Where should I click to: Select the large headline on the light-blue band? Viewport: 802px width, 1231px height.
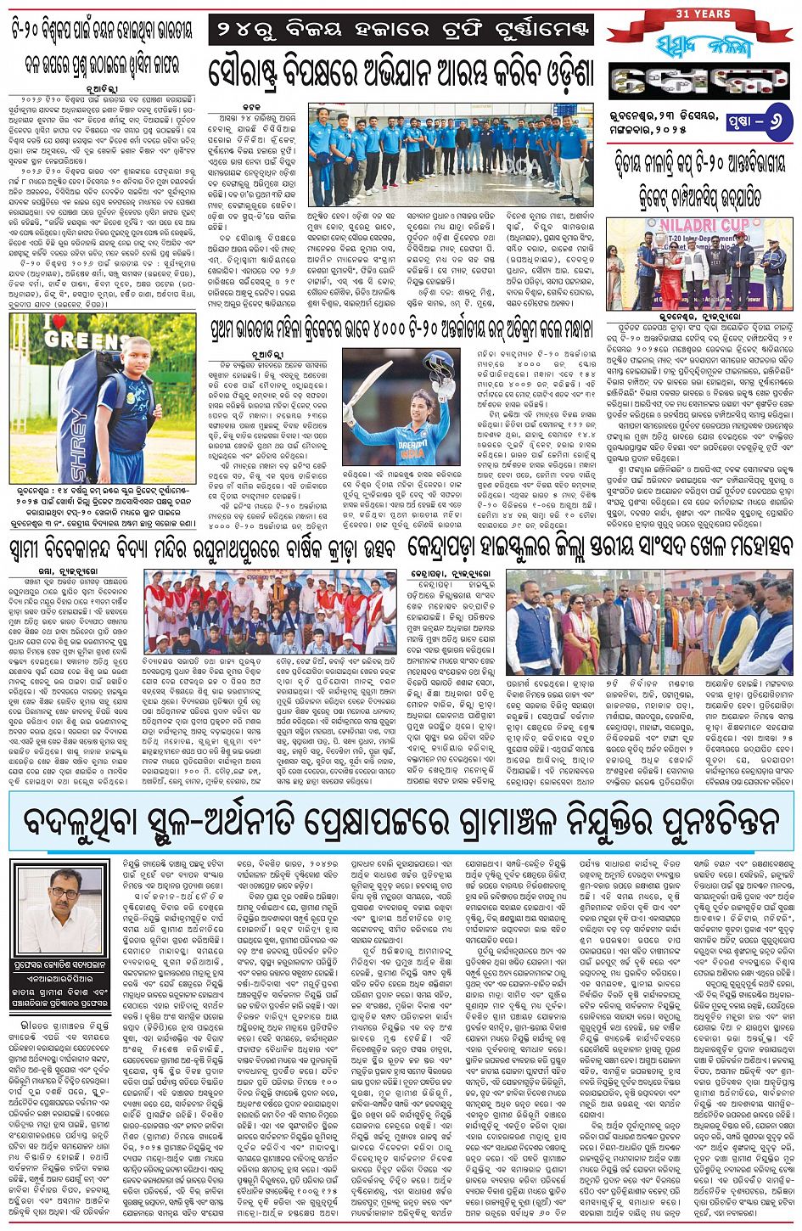(401, 824)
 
